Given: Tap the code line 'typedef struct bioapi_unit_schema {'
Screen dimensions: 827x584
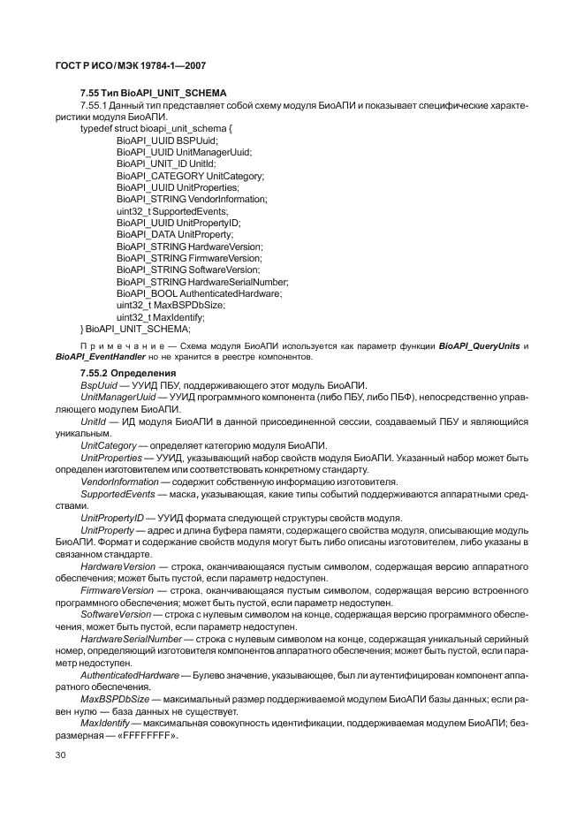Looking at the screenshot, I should click(155, 129).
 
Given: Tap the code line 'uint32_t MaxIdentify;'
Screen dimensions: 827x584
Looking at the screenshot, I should click(160, 317).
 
